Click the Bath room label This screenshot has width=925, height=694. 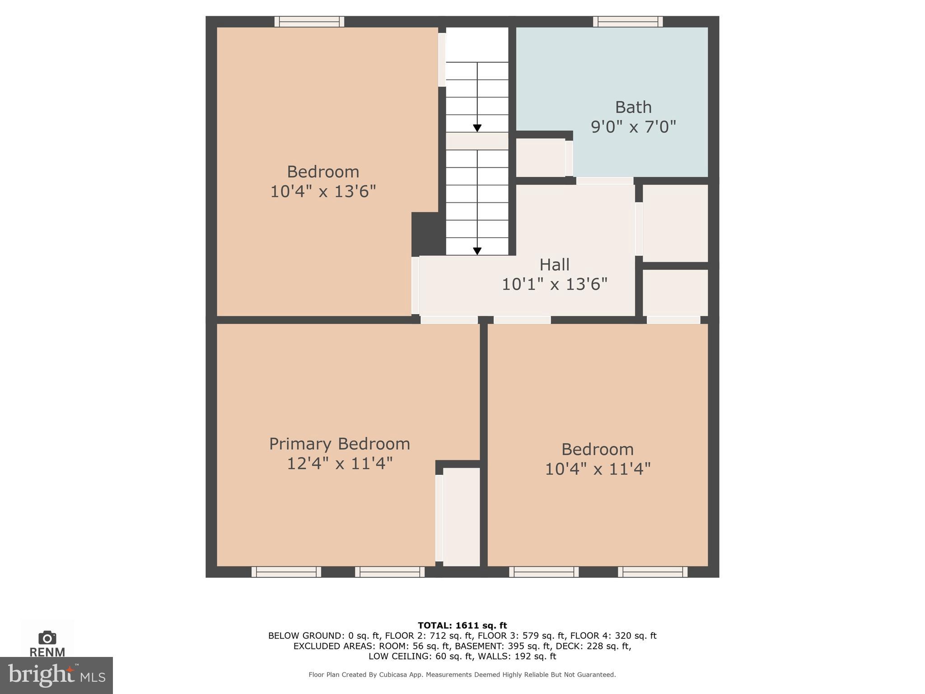click(633, 108)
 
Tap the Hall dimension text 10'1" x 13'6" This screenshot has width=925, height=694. click(555, 284)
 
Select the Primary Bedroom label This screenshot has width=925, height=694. click(339, 444)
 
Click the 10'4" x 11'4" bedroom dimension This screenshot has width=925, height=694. click(598, 469)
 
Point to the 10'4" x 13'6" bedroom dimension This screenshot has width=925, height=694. click(323, 192)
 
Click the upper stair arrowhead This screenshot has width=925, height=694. click(477, 128)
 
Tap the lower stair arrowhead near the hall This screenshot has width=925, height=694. click(477, 251)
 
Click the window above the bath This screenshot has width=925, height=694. click(628, 21)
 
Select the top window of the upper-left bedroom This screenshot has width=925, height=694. click(309, 21)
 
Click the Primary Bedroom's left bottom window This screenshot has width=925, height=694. click(286, 572)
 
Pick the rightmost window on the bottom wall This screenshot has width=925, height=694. click(653, 572)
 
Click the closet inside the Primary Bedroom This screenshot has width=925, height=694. click(461, 516)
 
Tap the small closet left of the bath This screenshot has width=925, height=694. click(540, 158)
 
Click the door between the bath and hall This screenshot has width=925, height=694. click(605, 181)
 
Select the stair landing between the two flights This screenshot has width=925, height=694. click(477, 141)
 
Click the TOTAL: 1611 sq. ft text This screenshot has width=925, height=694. click(462, 625)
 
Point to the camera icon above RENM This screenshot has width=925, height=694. click(47, 638)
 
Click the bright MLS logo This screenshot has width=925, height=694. click(56, 675)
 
